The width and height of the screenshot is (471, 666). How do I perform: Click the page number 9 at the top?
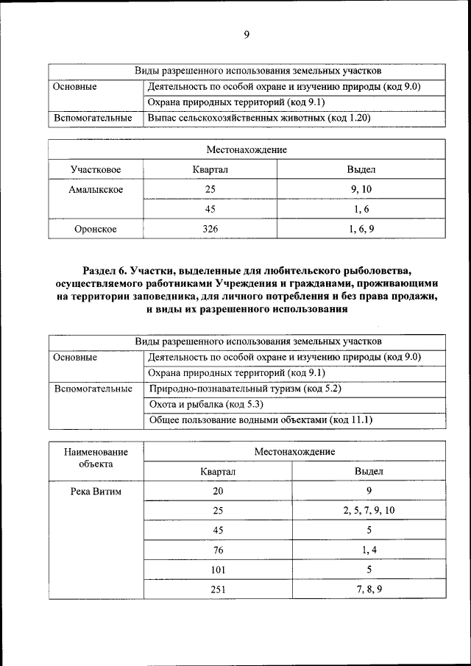tap(247, 35)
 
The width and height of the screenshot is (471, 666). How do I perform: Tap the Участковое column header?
tap(96, 170)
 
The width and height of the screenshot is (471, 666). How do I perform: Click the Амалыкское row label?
tap(96, 190)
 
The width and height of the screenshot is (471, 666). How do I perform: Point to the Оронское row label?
tap(96, 229)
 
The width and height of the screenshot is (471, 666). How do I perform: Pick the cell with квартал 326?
tap(210, 229)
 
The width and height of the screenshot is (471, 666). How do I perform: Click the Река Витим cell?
tap(96, 491)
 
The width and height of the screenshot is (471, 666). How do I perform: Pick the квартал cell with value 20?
tap(218, 491)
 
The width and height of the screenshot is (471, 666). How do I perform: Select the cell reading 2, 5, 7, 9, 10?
tap(369, 510)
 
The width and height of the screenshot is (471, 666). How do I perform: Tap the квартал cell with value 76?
tap(218, 550)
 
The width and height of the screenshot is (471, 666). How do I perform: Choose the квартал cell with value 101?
tap(218, 570)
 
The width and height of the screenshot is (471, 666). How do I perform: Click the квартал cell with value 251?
tap(218, 589)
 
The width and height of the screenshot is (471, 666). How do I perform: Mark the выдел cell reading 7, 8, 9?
tap(369, 589)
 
